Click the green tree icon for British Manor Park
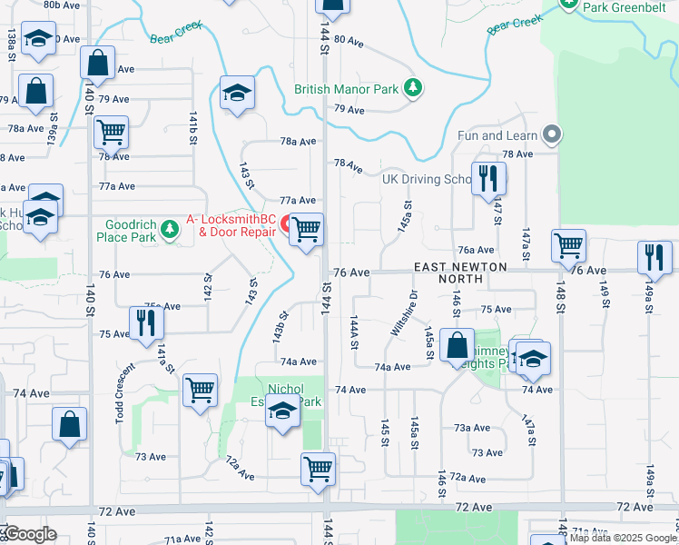pos(414,88)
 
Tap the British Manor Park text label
pos(347,90)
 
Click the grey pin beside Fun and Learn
pos(551,135)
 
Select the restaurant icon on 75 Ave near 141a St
pos(145,322)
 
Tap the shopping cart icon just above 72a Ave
pos(319,468)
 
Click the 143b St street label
pos(281,327)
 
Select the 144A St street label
pos(355,332)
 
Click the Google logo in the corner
pos(31,534)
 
